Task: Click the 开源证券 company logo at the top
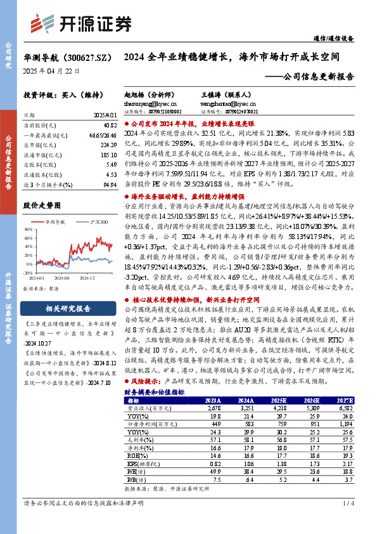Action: pyautogui.click(x=82, y=24)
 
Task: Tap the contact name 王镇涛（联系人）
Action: pyautogui.click(x=218, y=93)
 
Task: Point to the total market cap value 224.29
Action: pyautogui.click(x=108, y=145)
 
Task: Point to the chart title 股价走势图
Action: pyautogui.click(x=42, y=206)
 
